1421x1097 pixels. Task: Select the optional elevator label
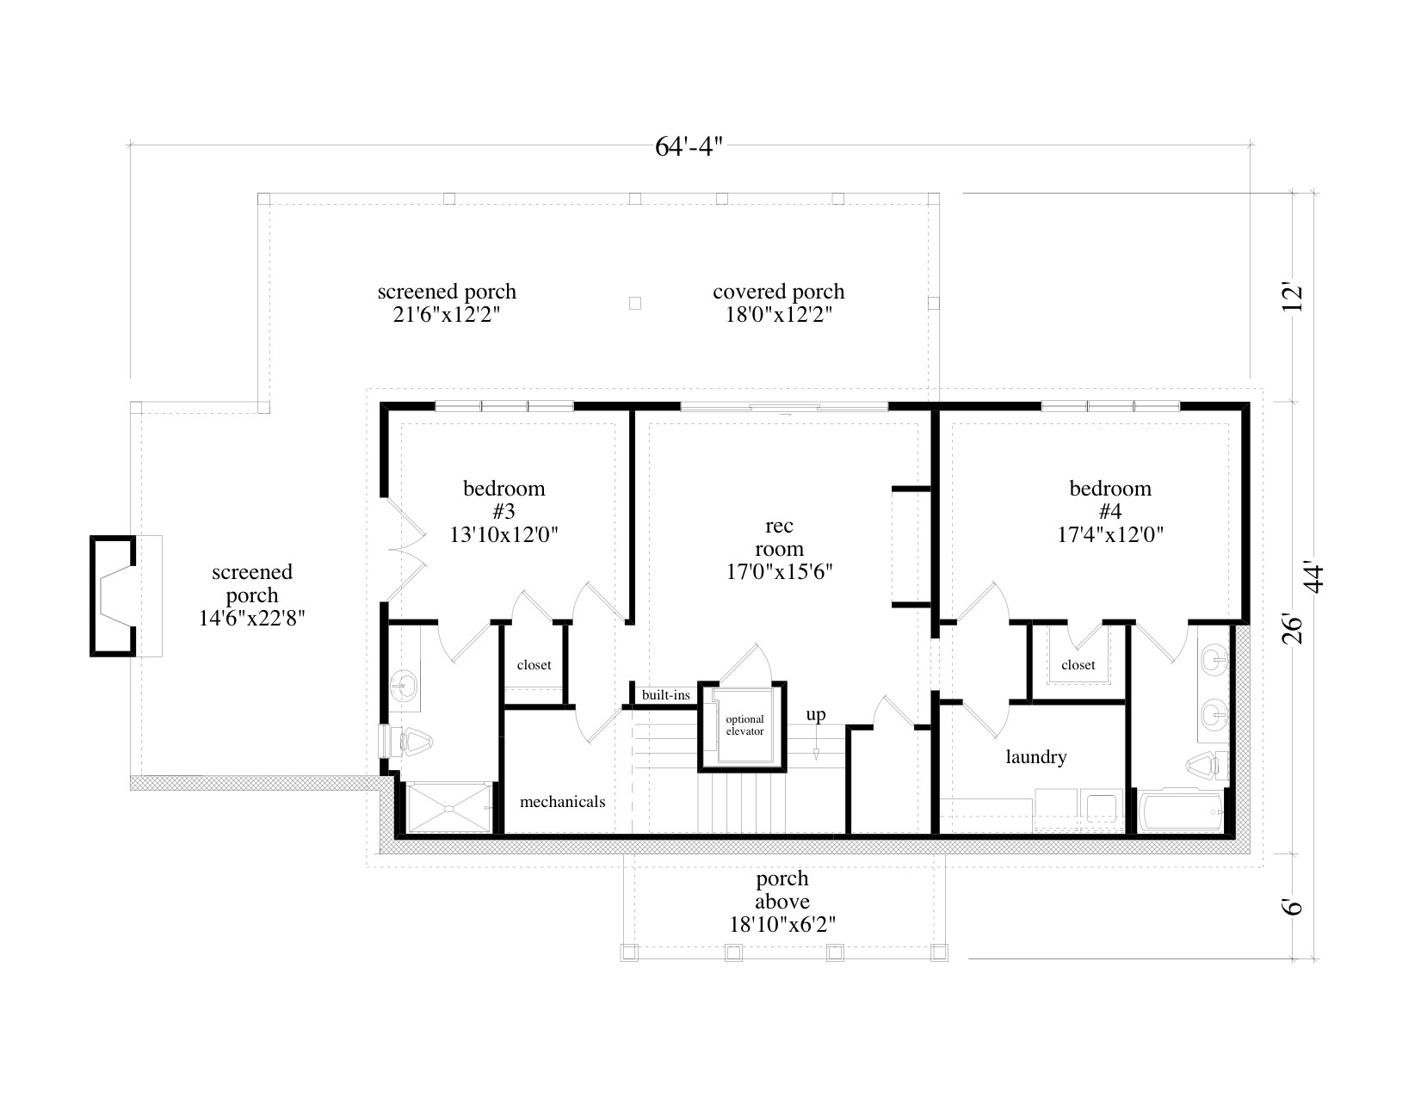tap(744, 725)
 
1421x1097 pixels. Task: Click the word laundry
tap(1036, 757)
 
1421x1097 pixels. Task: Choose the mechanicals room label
tap(562, 802)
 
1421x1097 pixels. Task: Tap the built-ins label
tap(665, 694)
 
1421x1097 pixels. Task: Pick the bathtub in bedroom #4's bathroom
tap(1181, 811)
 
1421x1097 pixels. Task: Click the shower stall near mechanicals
tap(448, 808)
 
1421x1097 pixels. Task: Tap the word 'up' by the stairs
tap(816, 715)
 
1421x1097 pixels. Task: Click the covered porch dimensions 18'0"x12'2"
tap(778, 315)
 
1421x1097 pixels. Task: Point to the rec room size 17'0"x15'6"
tap(779, 571)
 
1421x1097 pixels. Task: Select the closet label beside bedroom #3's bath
tap(534, 665)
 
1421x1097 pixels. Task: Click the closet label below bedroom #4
tap(1078, 665)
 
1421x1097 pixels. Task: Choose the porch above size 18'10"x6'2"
tap(782, 924)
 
